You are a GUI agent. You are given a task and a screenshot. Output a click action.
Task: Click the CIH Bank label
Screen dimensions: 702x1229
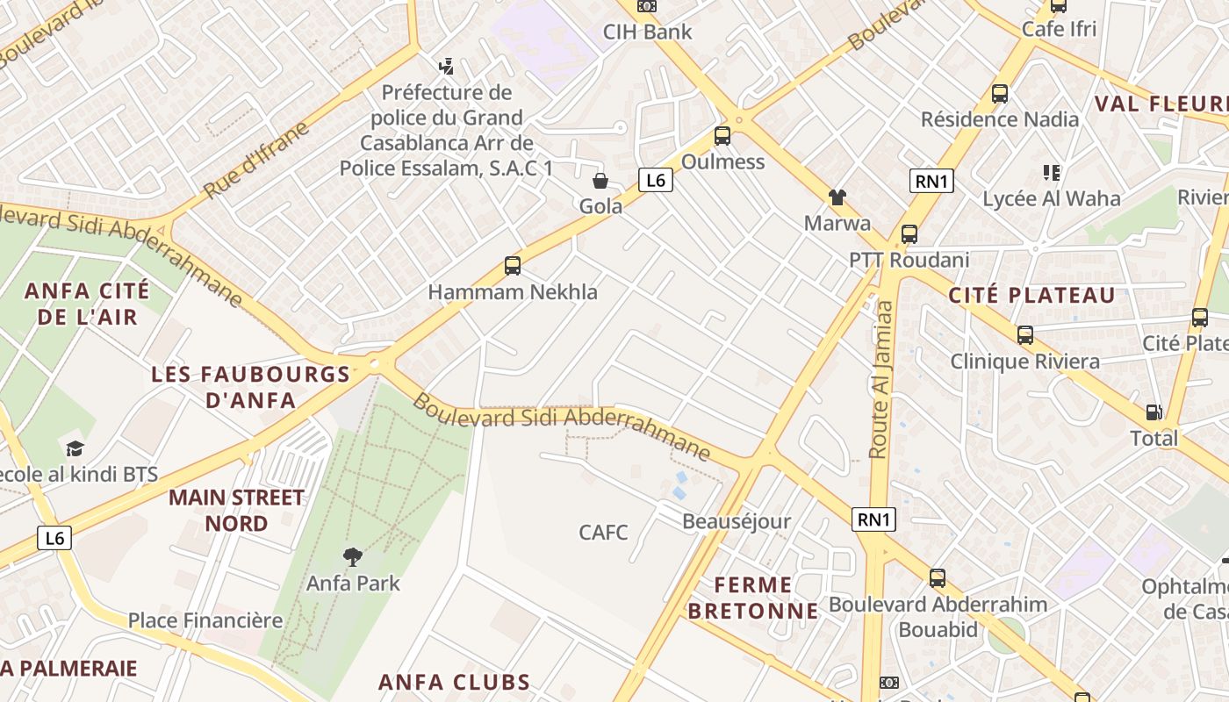coord(647,32)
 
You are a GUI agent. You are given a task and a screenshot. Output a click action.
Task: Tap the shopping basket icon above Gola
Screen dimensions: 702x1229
coord(600,181)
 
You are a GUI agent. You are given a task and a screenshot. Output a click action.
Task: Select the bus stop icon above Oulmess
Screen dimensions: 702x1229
coord(722,136)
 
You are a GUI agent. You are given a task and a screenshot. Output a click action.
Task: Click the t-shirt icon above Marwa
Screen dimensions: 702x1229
coord(837,197)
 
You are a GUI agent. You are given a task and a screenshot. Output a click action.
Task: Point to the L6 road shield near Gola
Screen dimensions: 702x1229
coord(655,181)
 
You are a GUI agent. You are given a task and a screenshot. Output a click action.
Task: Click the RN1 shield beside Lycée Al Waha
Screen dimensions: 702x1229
coord(931,182)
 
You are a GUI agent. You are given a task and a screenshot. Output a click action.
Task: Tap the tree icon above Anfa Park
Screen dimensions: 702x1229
coord(353,556)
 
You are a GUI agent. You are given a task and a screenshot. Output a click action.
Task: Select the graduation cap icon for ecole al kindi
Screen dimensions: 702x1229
coord(75,448)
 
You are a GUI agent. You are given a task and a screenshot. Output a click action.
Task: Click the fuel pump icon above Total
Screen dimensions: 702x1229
coord(1154,412)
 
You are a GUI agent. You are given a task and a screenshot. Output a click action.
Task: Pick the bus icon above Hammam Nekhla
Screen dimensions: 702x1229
coord(513,266)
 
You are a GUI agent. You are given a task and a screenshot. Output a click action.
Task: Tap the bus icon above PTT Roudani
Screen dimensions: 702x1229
coord(909,234)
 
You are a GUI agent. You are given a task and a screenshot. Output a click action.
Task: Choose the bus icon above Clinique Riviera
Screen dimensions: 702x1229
coord(1024,335)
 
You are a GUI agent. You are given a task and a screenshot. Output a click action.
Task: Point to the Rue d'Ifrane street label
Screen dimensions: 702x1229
coord(257,160)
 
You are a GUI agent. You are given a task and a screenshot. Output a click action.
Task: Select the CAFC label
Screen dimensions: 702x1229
coord(603,532)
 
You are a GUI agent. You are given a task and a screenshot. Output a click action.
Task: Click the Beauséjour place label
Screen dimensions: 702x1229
coord(737,521)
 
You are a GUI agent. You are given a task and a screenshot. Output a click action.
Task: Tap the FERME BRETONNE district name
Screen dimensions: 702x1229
coord(752,598)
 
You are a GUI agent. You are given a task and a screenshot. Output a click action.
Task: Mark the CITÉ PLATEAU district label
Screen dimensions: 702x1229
coord(1031,296)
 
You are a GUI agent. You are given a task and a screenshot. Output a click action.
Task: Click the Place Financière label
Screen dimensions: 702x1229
coord(205,620)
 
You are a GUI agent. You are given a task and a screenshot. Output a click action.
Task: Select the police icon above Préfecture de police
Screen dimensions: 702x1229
coord(446,66)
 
